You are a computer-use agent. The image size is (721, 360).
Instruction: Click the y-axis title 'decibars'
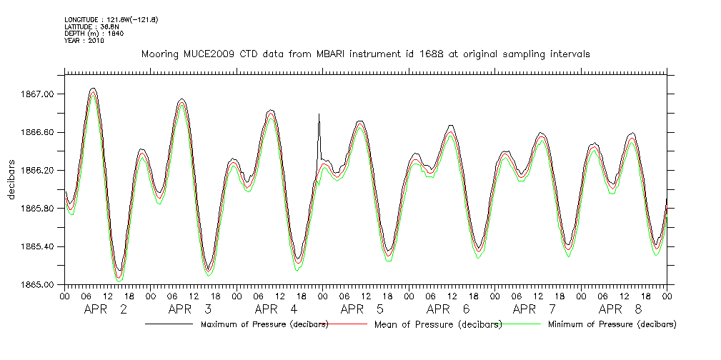pos(11,180)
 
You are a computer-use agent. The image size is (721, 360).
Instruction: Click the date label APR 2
pos(106,310)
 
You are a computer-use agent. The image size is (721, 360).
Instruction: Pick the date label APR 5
pos(362,310)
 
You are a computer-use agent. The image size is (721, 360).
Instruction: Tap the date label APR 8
pos(620,310)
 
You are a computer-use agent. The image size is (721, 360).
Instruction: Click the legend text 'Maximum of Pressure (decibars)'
pos(264,324)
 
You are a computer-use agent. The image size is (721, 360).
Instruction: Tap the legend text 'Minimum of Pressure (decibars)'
pos(612,324)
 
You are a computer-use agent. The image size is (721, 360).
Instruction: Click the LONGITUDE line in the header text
pos(111,19)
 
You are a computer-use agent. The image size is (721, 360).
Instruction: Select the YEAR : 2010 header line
pos(84,41)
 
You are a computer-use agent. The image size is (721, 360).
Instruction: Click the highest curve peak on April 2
pos(93,89)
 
